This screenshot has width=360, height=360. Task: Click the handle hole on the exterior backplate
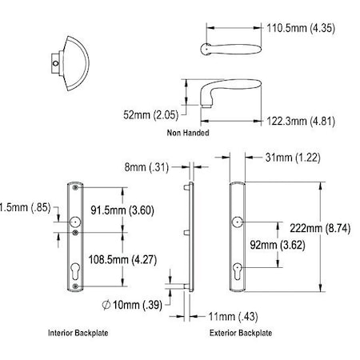[238, 222]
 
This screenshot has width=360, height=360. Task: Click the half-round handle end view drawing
[69, 54]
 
